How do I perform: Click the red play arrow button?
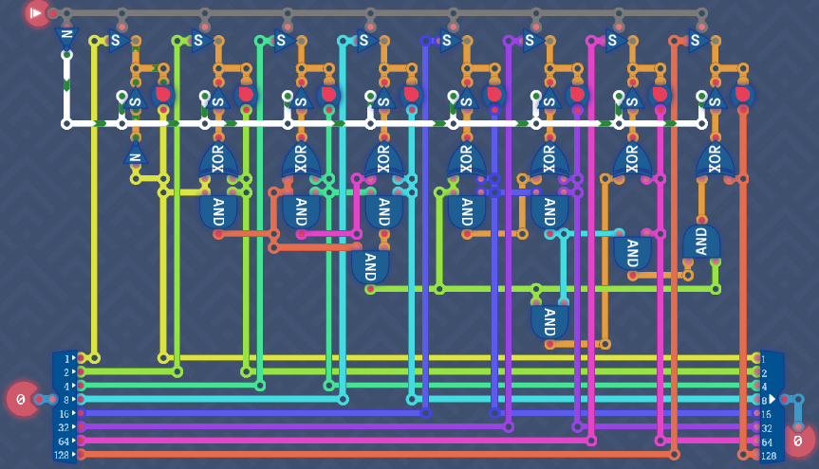pos(37,13)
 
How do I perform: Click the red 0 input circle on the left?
pos(21,399)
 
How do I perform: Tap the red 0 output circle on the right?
pos(799,440)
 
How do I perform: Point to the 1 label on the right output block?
pos(765,358)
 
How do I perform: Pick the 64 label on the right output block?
pos(766,442)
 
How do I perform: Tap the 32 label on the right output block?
pos(766,428)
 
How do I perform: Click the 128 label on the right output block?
pos(768,456)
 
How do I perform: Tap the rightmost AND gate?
pos(701,242)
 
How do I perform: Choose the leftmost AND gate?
pos(218,209)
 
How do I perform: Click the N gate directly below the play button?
pos(66,39)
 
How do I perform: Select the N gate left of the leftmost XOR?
pos(135,157)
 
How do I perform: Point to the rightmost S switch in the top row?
pos(696,41)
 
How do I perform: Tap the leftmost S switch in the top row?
pos(117,41)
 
